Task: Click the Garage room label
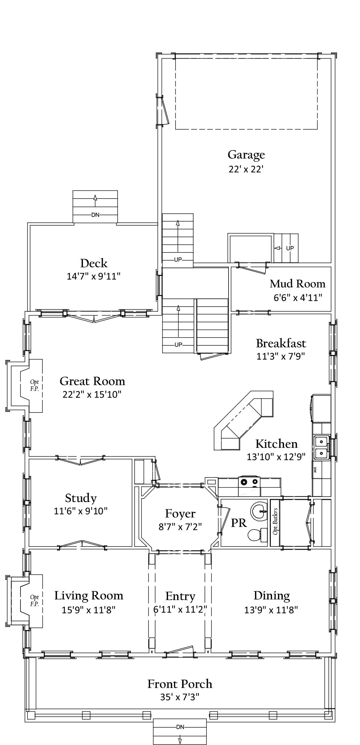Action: click(246, 155)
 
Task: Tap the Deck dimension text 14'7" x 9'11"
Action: click(94, 276)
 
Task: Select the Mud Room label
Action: click(297, 284)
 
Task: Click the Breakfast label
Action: click(281, 343)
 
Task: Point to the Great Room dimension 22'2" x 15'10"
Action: click(92, 394)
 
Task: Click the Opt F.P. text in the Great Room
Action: click(34, 385)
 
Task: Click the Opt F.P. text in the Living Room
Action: click(34, 600)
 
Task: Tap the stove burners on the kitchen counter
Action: click(249, 482)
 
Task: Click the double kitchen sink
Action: click(321, 447)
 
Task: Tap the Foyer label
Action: click(180, 514)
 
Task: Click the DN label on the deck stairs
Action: click(95, 215)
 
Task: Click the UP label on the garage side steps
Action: click(290, 248)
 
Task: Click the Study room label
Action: click(81, 498)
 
